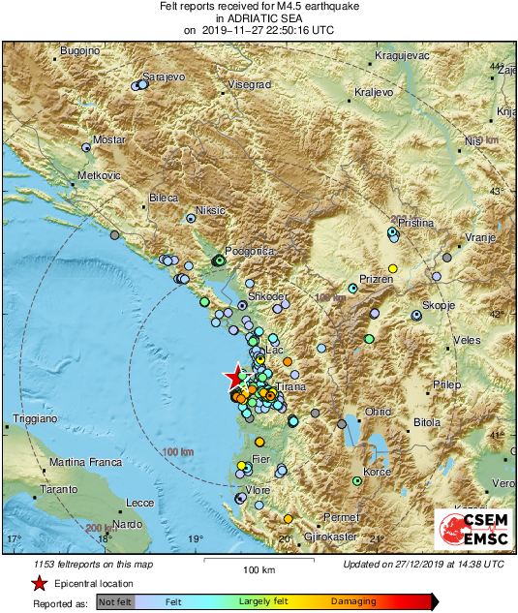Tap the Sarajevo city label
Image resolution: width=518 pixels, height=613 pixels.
coord(162,76)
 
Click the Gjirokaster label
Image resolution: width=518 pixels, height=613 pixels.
coord(324,536)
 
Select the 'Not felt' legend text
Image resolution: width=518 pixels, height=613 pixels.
coord(115,601)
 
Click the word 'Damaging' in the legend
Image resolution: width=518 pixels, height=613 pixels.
coord(354,601)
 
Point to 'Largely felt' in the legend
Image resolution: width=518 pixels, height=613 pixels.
coord(263,601)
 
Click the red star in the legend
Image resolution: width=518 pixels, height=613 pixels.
coord(39,583)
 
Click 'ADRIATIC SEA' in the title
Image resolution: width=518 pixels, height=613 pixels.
coord(259,17)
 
